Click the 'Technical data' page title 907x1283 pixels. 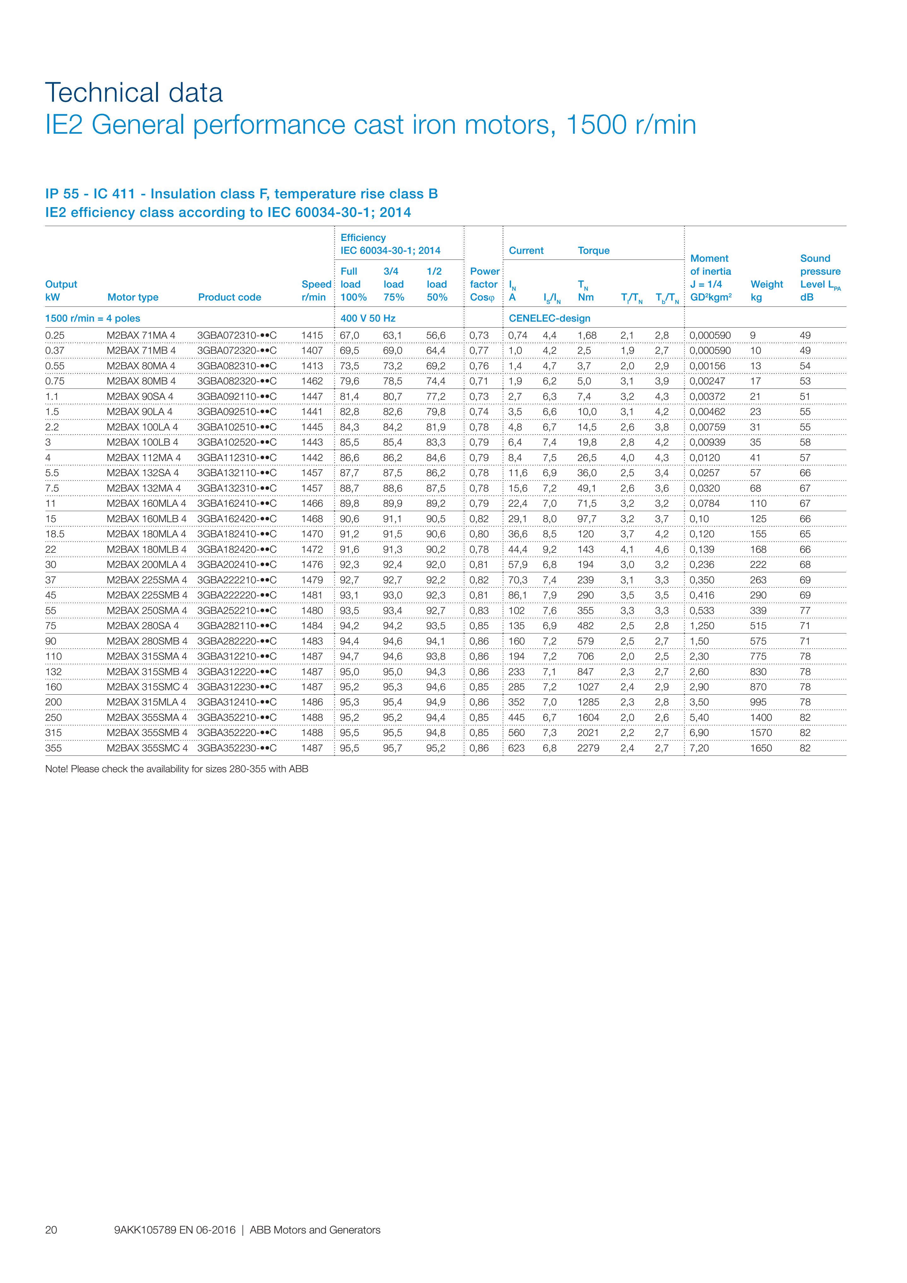(x=134, y=93)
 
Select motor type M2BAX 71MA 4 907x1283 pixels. (x=141, y=335)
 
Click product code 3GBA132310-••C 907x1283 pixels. (x=236, y=488)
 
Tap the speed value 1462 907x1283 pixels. (x=312, y=381)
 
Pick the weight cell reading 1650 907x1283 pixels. (x=761, y=748)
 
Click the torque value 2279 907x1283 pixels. (x=588, y=748)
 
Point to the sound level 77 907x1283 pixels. (x=805, y=611)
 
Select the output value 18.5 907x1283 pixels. (x=55, y=534)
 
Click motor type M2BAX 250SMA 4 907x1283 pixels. (x=146, y=611)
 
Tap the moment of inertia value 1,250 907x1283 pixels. (x=702, y=626)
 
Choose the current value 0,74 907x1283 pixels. (x=517, y=335)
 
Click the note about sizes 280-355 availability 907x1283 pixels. (x=177, y=769)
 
